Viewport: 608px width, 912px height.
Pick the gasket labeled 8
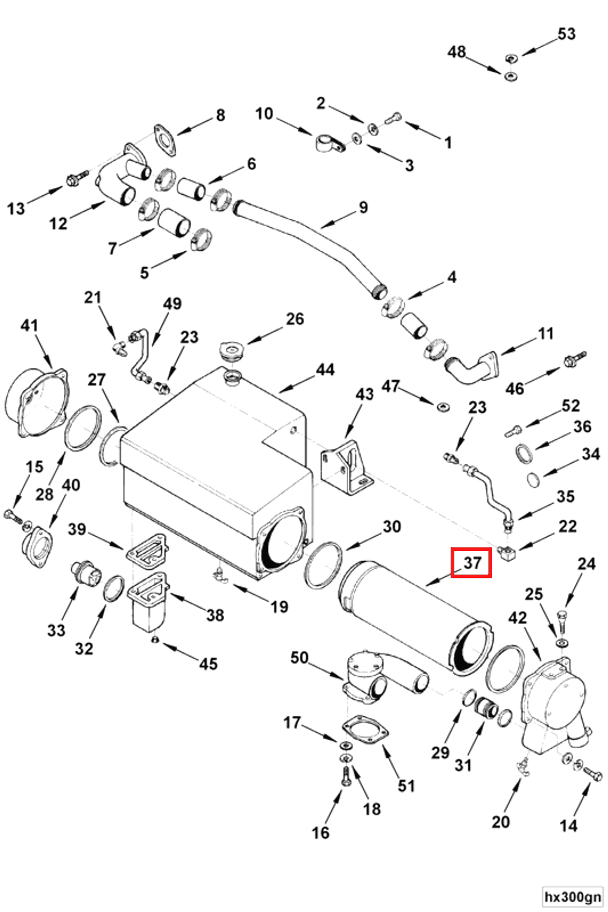coord(165,140)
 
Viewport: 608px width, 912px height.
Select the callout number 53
coord(566,34)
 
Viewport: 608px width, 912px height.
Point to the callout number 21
coord(93,298)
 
